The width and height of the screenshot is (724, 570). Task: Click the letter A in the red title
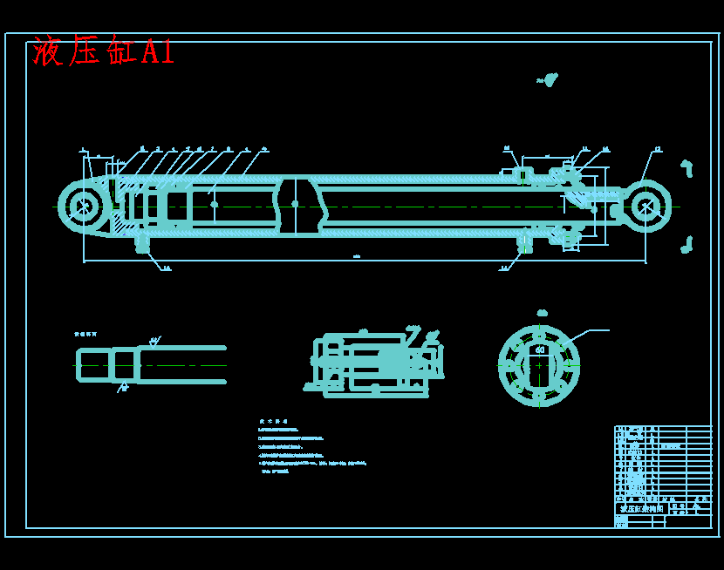pos(150,52)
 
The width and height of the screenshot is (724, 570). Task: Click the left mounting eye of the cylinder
pos(84,207)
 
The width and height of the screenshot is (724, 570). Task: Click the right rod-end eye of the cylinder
pos(645,207)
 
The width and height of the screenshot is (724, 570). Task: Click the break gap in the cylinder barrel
pos(297,206)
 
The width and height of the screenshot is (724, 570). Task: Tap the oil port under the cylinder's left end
pos(142,243)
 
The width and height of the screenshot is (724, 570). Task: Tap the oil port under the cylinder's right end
pos(524,242)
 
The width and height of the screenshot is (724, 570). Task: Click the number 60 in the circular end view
pos(540,350)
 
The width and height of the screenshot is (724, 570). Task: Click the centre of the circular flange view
pos(539,365)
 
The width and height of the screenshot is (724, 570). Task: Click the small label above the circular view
pos(542,313)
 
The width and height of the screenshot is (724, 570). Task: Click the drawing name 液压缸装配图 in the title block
pos(641,508)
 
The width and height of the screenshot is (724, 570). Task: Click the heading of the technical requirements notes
pos(273,421)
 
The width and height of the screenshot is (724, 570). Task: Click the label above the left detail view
pos(85,334)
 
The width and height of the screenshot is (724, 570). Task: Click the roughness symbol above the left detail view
pos(154,341)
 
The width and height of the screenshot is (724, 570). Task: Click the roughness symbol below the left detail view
pos(123,388)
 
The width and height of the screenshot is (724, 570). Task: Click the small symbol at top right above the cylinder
pos(548,80)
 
